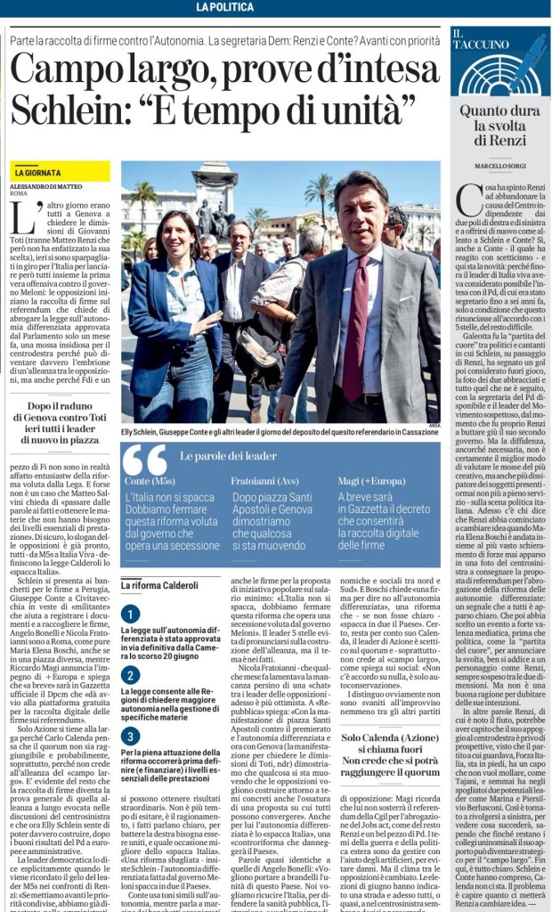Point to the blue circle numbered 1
[131, 613]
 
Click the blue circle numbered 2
[131, 674]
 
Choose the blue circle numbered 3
[131, 735]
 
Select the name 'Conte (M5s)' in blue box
[150, 481]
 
